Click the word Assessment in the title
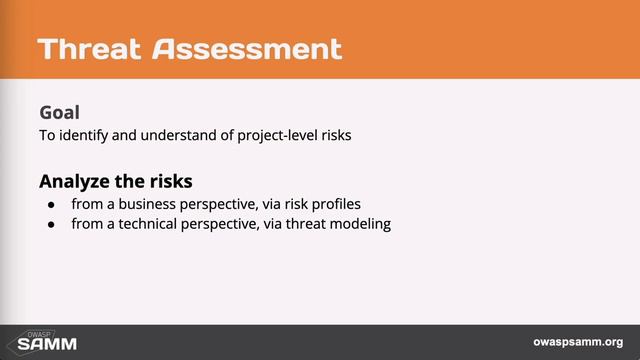[x=247, y=48]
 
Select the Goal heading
[x=59, y=112]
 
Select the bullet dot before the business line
[x=52, y=204]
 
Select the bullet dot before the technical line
[x=52, y=224]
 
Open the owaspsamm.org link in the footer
[x=577, y=342]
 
